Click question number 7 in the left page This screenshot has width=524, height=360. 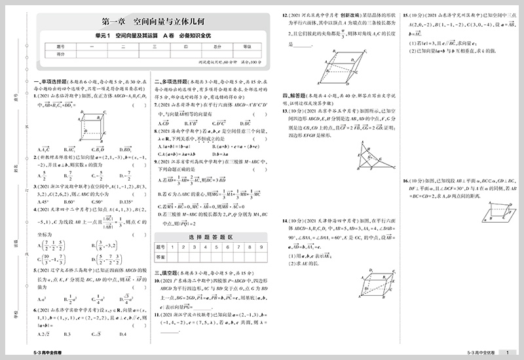[x=156, y=104]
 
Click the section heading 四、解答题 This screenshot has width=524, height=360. [x=291, y=95]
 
